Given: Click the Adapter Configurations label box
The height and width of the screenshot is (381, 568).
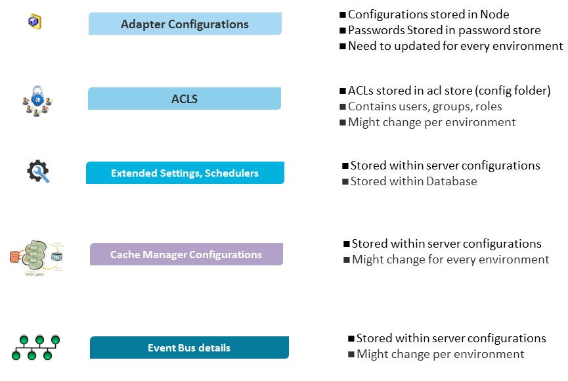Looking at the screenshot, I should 185,24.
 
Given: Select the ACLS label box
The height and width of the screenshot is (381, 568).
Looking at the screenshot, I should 184,99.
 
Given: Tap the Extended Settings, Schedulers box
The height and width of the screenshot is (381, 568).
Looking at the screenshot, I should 185,173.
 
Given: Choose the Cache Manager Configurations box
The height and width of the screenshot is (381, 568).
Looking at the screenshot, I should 186,255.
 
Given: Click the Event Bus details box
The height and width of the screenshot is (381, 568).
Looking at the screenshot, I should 189,347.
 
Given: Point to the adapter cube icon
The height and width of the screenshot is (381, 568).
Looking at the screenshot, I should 34,22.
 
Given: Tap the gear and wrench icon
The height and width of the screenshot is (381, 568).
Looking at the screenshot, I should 38,172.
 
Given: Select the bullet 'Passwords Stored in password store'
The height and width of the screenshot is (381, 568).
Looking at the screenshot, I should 444,30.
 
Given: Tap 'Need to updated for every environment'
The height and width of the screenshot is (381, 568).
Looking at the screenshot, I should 455,46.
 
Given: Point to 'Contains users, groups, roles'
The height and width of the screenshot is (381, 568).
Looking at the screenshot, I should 425,106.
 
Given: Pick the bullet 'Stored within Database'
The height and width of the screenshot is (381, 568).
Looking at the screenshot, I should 414,181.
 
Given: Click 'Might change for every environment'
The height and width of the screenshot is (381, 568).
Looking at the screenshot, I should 450,259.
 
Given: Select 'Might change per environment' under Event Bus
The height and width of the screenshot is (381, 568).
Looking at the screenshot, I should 440,354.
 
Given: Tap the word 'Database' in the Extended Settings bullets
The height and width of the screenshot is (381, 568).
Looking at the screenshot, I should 450,181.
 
